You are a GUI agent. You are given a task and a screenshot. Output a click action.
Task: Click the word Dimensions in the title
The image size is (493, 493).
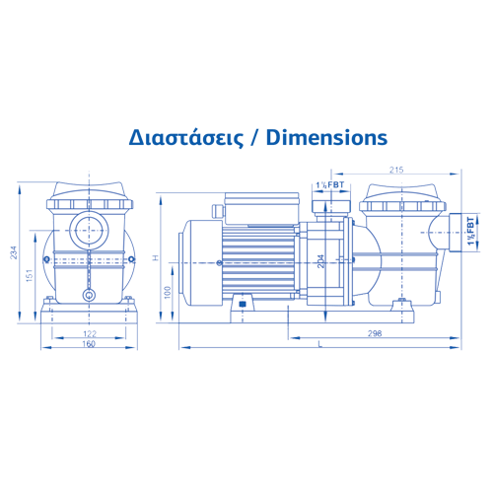tap(326, 137)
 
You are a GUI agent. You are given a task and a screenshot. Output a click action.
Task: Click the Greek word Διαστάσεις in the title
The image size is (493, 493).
tap(186, 138)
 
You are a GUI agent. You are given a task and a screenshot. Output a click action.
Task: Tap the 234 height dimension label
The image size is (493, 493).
tap(14, 252)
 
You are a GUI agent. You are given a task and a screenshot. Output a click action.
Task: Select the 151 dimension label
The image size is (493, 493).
tap(30, 275)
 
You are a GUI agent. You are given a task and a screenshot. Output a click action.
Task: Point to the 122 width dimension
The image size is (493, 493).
tap(90, 334)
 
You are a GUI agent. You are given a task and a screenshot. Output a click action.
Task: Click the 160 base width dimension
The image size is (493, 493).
tap(89, 344)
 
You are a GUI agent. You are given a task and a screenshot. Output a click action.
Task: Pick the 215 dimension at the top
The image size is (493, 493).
tap(396, 170)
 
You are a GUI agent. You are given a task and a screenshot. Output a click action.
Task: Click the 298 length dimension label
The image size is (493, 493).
tap(375, 333)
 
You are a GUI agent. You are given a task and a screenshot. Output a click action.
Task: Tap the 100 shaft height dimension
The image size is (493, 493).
tap(168, 292)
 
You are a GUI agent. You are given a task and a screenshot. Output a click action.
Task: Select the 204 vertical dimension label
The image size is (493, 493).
tap(321, 261)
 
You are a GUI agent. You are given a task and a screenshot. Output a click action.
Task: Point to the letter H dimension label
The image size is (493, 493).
tap(156, 258)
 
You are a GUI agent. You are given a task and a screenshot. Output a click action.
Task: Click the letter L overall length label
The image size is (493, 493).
tap(320, 344)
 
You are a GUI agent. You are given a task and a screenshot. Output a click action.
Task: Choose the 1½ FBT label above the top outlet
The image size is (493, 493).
tap(330, 184)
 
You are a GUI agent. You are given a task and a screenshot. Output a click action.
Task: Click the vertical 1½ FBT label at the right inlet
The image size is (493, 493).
tap(471, 231)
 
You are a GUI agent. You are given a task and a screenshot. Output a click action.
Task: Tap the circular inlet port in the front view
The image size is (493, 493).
tap(89, 231)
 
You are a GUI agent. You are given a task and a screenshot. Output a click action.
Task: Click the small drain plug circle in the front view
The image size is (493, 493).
tap(89, 295)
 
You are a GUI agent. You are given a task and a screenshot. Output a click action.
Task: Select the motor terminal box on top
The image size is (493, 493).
tap(262, 208)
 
